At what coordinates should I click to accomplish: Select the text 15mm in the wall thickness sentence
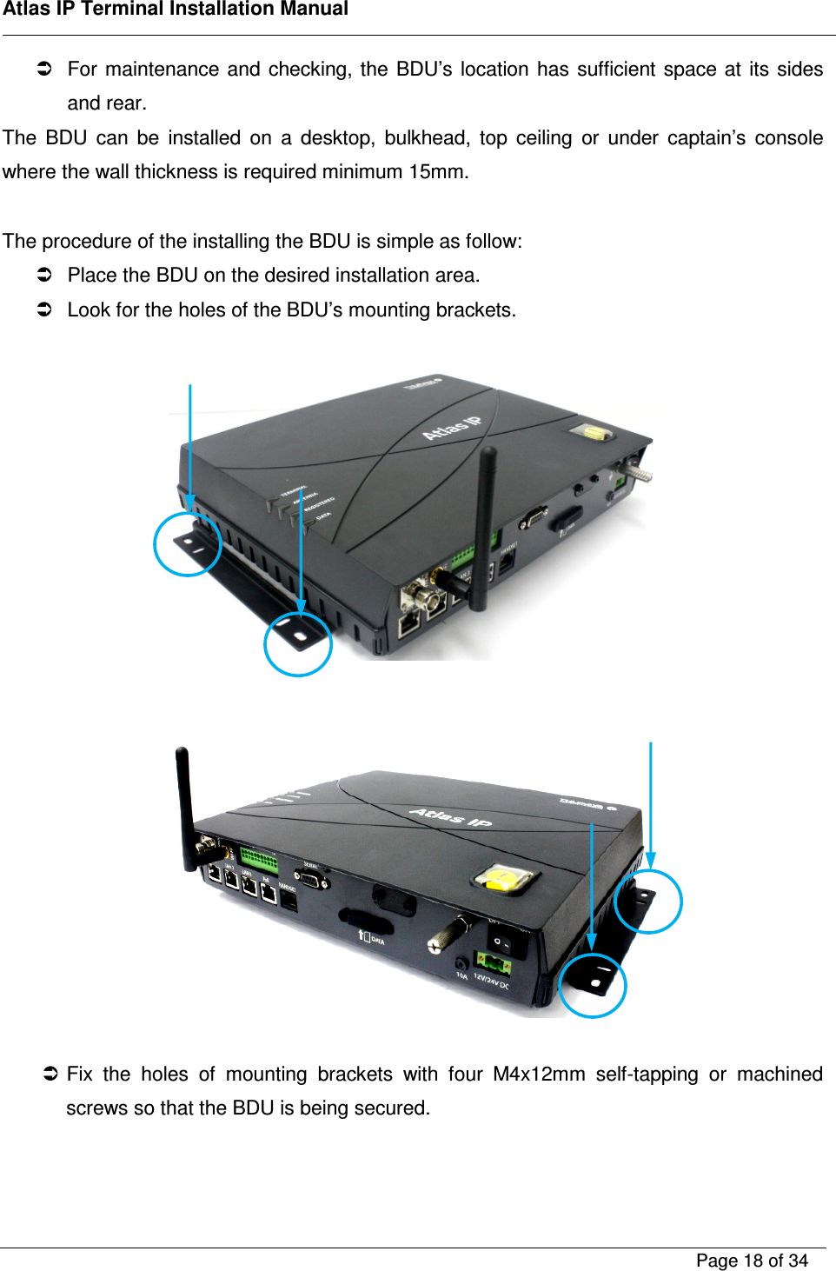[x=436, y=172]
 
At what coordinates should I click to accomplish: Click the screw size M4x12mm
[x=539, y=1075]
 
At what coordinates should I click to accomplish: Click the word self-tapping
[x=647, y=1075]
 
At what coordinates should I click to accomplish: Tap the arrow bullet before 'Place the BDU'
[x=45, y=276]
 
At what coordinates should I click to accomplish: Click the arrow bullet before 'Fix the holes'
[x=50, y=1075]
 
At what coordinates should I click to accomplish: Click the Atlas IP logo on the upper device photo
[x=451, y=428]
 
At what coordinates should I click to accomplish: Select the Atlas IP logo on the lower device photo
[x=450, y=817]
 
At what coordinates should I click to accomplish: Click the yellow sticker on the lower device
[x=501, y=879]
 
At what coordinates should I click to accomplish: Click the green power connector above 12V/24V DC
[x=492, y=963]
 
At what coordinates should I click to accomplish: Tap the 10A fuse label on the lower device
[x=462, y=975]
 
